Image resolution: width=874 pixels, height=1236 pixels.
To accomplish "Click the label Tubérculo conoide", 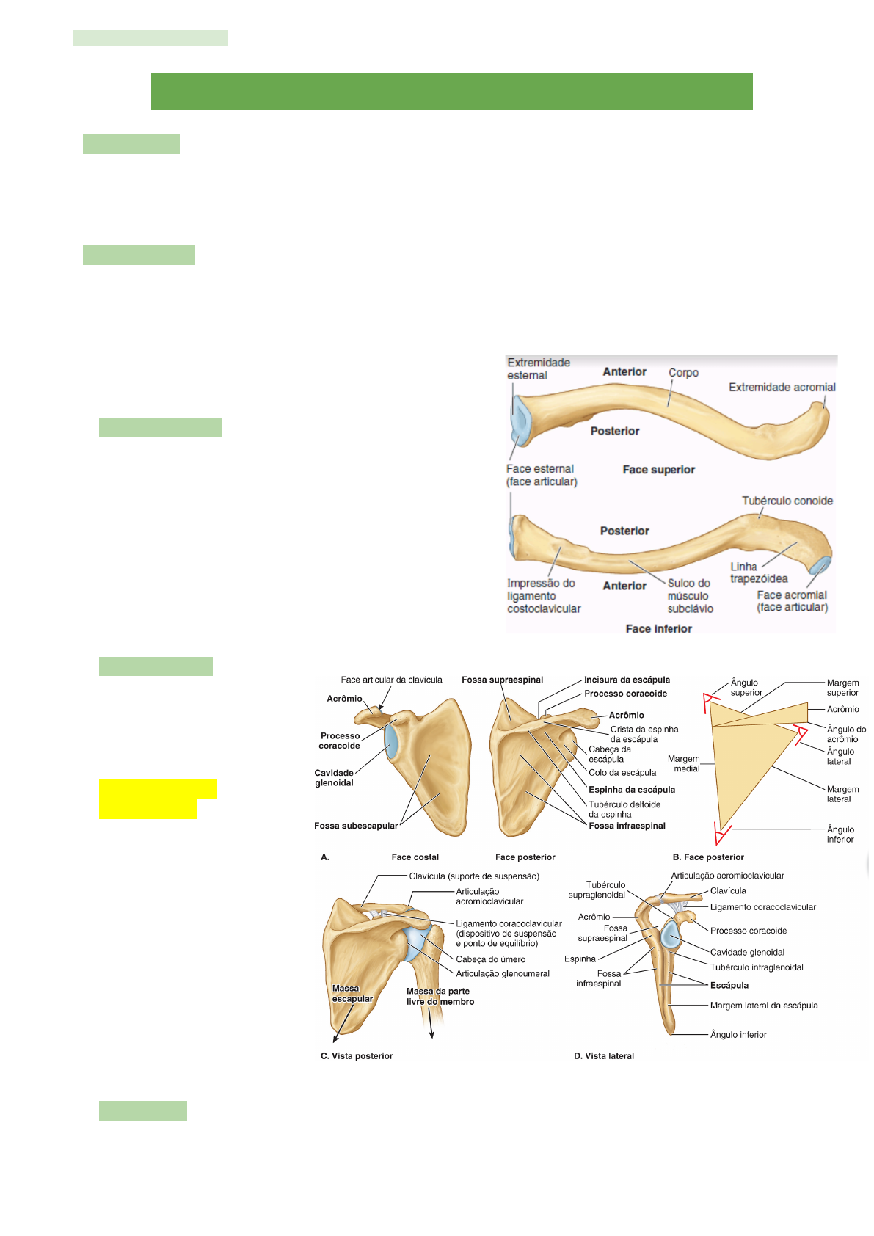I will [787, 501].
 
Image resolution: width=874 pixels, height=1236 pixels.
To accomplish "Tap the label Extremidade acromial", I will [782, 387].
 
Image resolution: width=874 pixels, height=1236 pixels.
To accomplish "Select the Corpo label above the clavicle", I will [683, 372].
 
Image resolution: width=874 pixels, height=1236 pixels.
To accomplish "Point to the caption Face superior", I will [658, 470].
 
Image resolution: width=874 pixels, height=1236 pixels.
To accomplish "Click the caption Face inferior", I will [658, 628].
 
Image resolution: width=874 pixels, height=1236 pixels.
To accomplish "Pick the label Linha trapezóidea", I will [758, 572].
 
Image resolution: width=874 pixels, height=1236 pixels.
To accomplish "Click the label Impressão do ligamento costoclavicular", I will [543, 595].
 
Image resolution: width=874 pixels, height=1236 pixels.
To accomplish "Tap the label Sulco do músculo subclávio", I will [690, 595].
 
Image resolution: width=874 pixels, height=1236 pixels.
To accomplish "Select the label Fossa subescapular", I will [356, 826].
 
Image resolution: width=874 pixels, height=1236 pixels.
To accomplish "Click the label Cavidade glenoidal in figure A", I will [334, 778].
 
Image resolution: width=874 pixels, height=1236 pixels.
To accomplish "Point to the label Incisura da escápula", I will [627, 680].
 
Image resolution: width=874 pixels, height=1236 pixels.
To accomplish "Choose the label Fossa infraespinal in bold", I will [627, 826].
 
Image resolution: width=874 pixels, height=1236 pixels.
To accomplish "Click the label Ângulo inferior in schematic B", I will [840, 835].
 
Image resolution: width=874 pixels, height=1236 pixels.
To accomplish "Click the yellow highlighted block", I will [156, 799].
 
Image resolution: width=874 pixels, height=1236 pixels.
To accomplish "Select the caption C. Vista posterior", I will [357, 1056].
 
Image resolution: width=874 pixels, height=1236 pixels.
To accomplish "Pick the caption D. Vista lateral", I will [603, 1056].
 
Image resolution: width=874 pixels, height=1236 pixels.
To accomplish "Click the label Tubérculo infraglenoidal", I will [756, 967].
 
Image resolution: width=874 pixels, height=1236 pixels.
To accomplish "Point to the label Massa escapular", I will [352, 994].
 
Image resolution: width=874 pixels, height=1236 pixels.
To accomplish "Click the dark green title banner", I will [451, 91].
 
